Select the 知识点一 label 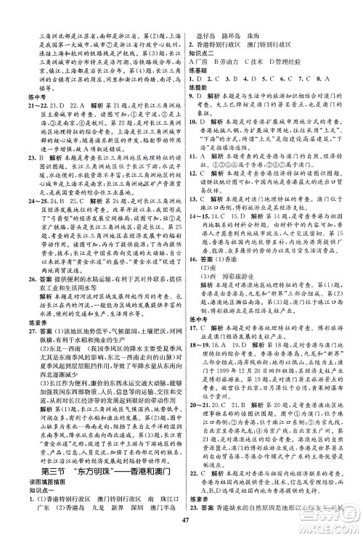point(41,475)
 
